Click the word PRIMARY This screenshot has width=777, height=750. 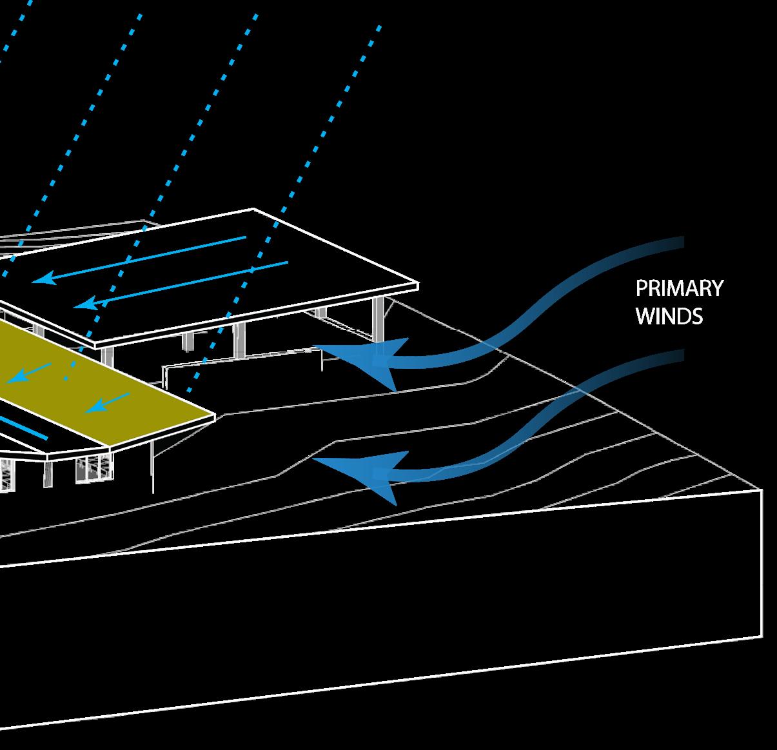[x=679, y=288]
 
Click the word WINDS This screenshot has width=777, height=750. [x=669, y=317]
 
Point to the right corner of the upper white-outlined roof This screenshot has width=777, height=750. [x=418, y=284]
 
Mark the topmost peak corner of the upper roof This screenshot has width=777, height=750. [x=253, y=209]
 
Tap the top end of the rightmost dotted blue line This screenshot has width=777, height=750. [x=379, y=27]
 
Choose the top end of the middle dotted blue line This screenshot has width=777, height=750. [x=258, y=14]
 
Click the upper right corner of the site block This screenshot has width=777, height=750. [x=762, y=490]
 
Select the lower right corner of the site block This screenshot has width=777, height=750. [x=762, y=637]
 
